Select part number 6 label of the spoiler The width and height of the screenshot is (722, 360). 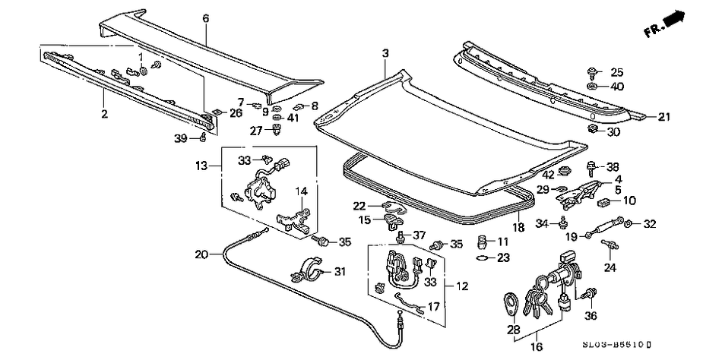coord(205,17)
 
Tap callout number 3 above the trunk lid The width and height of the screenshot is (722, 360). coord(385,53)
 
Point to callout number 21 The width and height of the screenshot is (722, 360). coord(664,117)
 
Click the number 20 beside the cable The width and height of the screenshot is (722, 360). coord(201,254)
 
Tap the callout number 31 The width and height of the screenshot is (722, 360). coord(339,272)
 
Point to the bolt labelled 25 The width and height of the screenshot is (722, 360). coord(592,72)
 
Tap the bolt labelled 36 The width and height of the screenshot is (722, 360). coord(591,292)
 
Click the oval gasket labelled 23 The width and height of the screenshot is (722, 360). coord(481,258)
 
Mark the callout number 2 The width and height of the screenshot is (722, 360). coord(104,115)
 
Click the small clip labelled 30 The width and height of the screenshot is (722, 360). coord(592,130)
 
